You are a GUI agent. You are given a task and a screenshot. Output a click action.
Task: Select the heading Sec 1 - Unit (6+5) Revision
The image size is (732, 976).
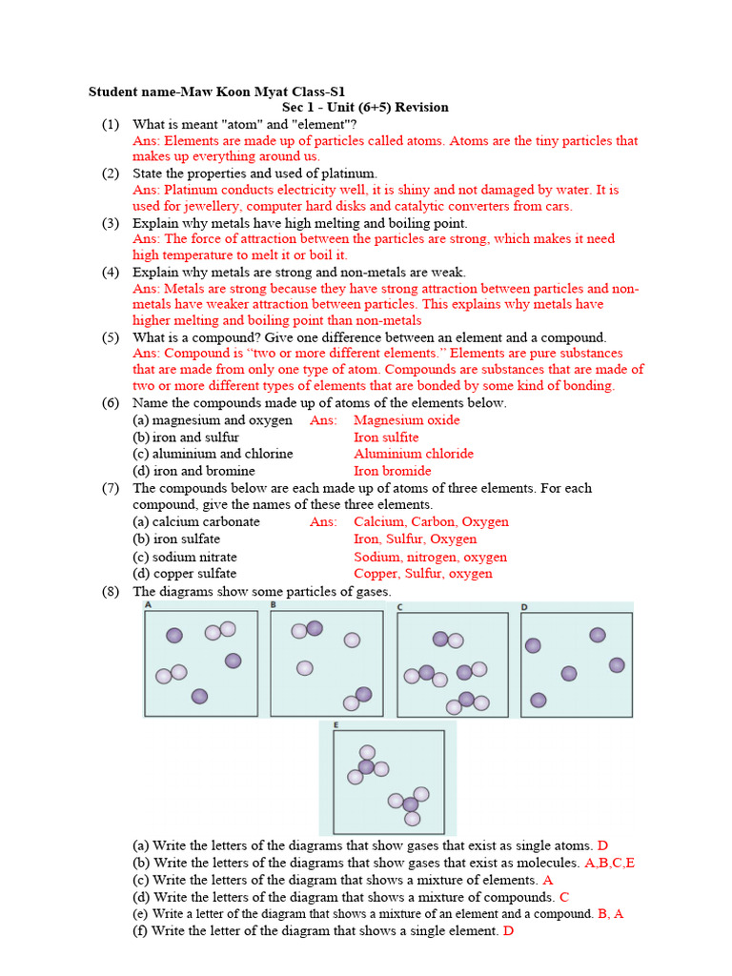(365, 108)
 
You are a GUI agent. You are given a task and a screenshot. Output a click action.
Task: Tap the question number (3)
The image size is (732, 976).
(111, 222)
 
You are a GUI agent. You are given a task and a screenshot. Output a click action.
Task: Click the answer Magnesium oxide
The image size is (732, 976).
(406, 420)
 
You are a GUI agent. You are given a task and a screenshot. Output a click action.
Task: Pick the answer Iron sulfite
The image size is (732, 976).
(386, 437)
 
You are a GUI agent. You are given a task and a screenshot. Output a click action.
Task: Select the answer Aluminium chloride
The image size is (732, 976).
(413, 454)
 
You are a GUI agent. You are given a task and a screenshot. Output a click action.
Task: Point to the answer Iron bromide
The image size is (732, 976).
(392, 471)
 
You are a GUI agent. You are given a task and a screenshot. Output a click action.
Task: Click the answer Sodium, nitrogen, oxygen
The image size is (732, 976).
(430, 557)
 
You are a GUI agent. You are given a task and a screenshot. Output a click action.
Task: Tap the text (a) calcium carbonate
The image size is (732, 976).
(195, 522)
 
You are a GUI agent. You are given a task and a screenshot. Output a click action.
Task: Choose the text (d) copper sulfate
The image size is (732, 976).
(184, 574)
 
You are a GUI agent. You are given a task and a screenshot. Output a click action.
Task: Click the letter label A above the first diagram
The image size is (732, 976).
(148, 604)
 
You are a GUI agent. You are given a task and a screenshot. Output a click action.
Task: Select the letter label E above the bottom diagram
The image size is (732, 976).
(335, 725)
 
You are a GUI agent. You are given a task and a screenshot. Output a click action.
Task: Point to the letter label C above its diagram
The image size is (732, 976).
(400, 606)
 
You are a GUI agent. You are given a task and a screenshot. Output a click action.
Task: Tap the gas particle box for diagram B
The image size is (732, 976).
(327, 662)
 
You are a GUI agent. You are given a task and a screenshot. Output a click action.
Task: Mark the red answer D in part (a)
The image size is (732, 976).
(602, 845)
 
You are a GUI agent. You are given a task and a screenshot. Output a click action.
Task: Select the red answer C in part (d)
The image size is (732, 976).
(564, 897)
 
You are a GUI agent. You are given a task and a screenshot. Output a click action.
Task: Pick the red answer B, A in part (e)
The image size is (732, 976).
(610, 913)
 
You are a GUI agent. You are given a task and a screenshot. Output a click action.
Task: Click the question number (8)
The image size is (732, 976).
(111, 591)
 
